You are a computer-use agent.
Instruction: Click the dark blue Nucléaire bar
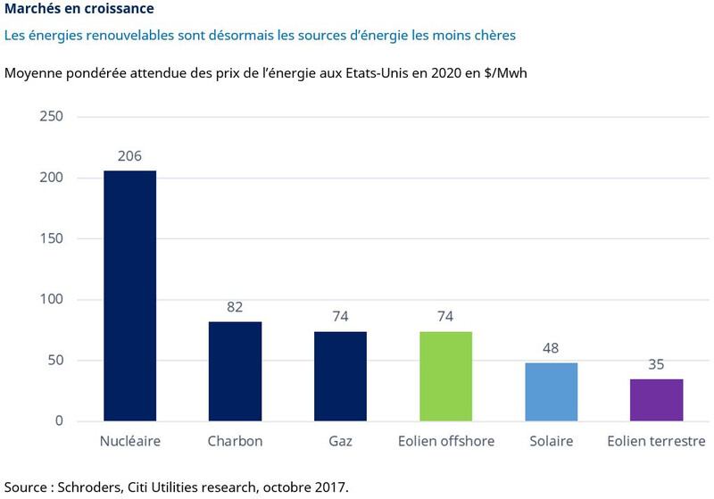click(x=130, y=295)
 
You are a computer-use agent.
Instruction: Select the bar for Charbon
click(x=235, y=370)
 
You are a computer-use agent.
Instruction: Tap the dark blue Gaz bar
click(x=340, y=376)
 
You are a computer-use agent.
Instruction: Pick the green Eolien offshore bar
click(x=445, y=376)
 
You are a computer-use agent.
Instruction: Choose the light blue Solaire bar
click(x=551, y=392)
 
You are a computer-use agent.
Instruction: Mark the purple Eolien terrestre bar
click(x=656, y=400)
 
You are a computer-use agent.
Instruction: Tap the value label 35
click(x=656, y=365)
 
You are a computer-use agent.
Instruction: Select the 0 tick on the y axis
click(x=59, y=421)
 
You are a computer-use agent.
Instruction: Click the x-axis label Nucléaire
click(x=130, y=442)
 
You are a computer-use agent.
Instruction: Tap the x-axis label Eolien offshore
click(x=445, y=442)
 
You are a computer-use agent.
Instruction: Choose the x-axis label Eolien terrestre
click(x=656, y=442)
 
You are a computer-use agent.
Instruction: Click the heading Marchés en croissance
click(x=79, y=10)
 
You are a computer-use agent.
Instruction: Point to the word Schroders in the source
click(x=90, y=487)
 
